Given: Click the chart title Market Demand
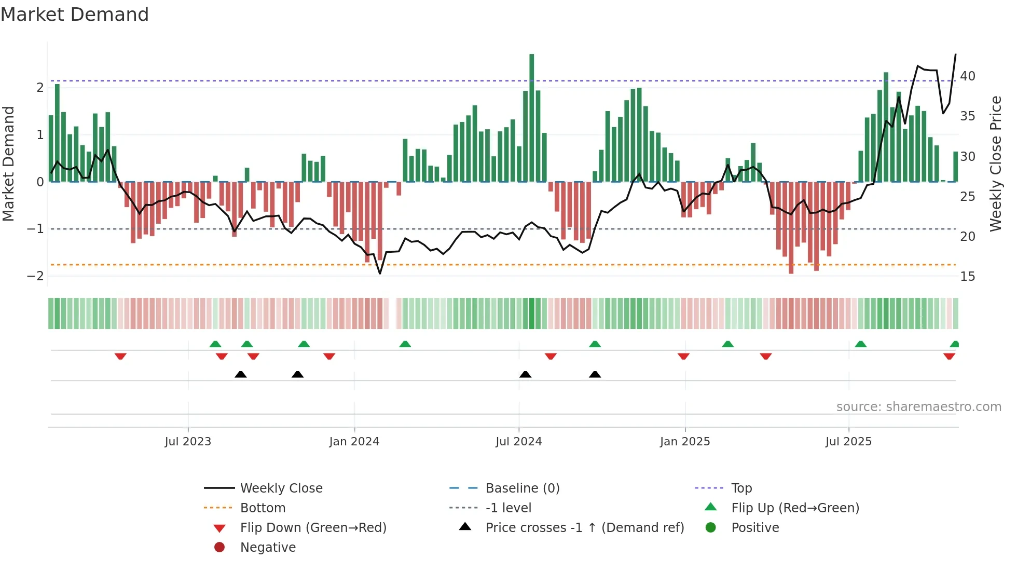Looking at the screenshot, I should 75,15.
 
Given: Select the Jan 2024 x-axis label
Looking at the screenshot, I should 354,442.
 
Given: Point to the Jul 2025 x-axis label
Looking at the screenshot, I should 848,442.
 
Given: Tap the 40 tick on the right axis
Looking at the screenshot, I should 968,76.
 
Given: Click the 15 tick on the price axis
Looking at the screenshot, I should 968,276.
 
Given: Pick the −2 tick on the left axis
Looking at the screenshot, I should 35,276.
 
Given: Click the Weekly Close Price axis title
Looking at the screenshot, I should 995,164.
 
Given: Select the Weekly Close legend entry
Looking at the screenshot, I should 281,488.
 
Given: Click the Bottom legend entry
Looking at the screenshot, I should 263,508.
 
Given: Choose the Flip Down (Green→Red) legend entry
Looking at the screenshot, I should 313,528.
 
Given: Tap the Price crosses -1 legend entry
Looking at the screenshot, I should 584,528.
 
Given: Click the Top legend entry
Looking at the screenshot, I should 741,488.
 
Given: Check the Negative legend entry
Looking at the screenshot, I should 268,548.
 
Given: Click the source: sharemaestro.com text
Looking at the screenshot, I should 918,407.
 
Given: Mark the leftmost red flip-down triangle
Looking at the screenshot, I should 120,356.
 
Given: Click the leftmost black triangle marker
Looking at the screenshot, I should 240,374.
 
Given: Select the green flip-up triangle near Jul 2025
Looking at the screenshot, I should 860,344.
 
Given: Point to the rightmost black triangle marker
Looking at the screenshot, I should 595,374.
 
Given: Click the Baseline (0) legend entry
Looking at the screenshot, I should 522,488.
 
